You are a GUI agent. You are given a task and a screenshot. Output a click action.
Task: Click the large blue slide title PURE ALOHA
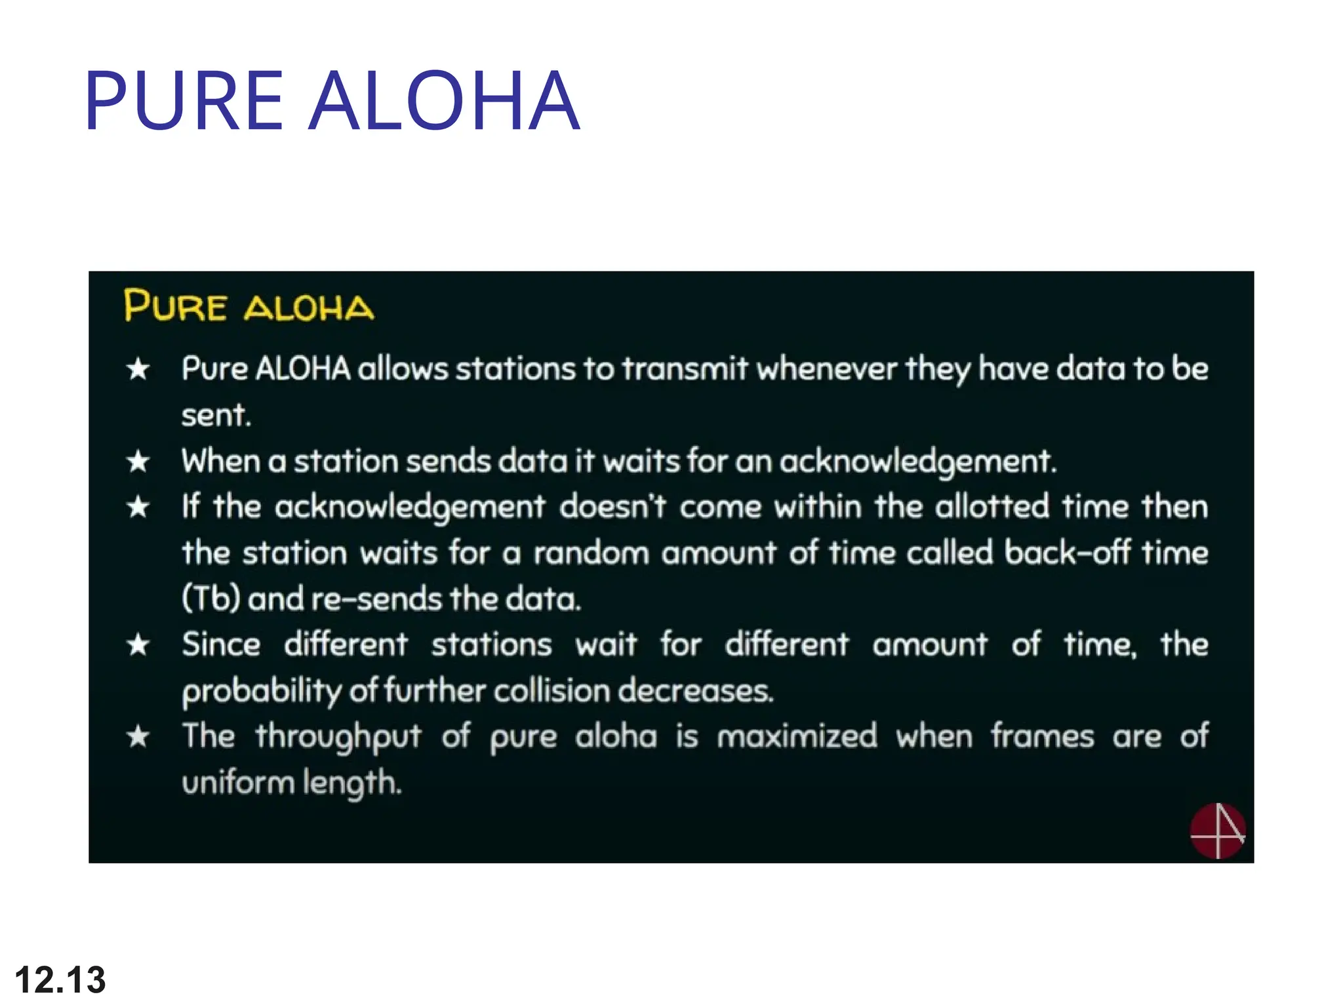tap(332, 101)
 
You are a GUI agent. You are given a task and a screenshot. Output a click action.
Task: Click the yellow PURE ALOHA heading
tap(249, 306)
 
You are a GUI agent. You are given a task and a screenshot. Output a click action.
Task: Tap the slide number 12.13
tap(60, 980)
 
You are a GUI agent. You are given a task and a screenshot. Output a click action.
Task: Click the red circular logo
tap(1217, 831)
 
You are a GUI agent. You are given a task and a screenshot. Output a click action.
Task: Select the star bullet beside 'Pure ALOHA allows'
tap(138, 369)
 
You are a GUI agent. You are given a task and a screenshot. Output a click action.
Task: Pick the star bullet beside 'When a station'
tap(138, 462)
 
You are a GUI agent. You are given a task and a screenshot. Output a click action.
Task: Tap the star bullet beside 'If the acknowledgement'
tap(138, 507)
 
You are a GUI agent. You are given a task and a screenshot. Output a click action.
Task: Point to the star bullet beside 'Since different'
tap(138, 645)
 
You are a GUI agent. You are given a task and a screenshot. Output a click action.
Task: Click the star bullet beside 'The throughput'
tap(138, 737)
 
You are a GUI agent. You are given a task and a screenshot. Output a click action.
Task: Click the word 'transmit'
tap(685, 368)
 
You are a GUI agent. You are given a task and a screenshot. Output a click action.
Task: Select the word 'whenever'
tap(827, 368)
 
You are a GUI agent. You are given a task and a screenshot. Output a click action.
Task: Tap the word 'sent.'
tap(216, 415)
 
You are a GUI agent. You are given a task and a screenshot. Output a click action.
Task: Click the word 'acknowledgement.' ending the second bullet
tap(918, 462)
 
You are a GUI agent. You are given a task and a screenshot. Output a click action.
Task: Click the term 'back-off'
tap(1068, 553)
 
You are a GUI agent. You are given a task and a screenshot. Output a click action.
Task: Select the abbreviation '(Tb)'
tap(211, 599)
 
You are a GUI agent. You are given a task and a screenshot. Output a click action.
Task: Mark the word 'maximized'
tap(797, 736)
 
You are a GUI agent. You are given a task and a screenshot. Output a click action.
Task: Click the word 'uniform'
tap(238, 783)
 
